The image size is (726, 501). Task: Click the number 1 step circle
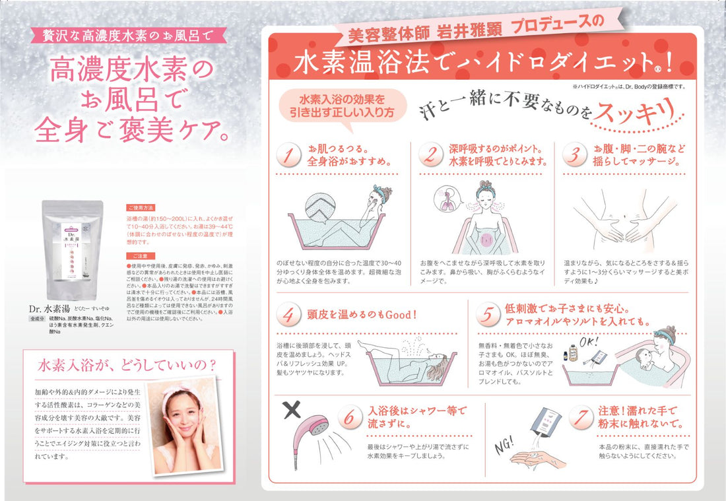[288, 155]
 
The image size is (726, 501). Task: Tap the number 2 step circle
[430, 155]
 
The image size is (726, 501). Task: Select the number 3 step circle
[575, 155]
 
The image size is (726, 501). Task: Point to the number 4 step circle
[288, 316]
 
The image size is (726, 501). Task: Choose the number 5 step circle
[487, 316]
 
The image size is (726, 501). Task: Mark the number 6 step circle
[351, 417]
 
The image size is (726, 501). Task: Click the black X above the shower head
[292, 409]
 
